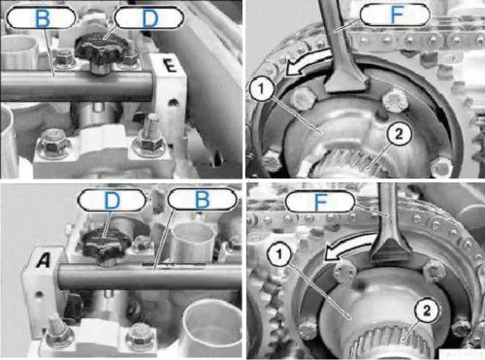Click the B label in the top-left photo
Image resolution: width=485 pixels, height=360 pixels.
(42, 17)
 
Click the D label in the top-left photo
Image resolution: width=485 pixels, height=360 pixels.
(149, 17)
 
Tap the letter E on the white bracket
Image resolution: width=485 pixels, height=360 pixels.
(170, 66)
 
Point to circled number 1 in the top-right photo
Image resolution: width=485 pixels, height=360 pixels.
(262, 88)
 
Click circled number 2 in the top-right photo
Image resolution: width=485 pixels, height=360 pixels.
(399, 133)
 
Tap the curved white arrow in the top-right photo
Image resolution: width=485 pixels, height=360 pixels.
(307, 61)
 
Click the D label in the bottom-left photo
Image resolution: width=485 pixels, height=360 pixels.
(112, 200)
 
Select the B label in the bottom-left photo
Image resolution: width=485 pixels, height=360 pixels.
(203, 199)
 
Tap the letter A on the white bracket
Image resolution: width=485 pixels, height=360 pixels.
(44, 261)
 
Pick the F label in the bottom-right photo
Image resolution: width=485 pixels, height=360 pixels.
(320, 201)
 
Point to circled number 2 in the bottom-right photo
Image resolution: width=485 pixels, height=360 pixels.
(427, 311)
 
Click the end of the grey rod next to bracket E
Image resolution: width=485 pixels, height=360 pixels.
(150, 86)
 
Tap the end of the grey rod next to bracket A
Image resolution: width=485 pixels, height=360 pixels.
(61, 277)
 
